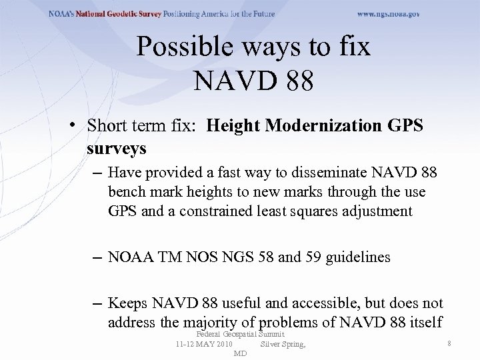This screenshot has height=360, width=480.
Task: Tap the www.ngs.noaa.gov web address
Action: click(389, 13)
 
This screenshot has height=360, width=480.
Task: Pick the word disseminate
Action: click(310, 173)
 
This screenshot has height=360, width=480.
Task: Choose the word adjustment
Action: click(383, 211)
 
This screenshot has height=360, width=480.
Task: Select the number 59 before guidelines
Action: click(312, 257)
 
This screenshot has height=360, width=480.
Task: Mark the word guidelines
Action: click(358, 257)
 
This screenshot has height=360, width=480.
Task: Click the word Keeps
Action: click(126, 303)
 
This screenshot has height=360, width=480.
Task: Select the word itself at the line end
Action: click(423, 322)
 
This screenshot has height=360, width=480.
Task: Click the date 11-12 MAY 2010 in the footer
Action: click(204, 344)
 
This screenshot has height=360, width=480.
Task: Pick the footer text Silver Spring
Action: click(283, 344)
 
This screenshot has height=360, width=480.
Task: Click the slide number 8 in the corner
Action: click(451, 344)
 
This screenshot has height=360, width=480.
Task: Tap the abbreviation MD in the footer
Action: click(240, 353)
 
